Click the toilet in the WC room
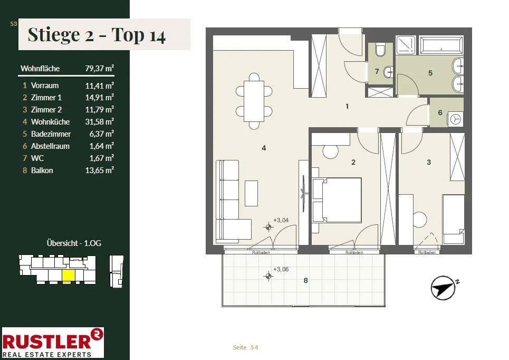coord(380,49)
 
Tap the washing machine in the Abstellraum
coord(455,119)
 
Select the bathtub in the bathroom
coord(441,45)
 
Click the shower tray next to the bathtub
coord(406,45)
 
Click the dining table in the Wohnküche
coord(254,101)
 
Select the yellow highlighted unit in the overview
coord(69,276)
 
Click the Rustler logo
coord(53,343)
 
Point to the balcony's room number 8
coord(305,280)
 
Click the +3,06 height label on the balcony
coord(281,269)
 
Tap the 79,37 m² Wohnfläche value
coord(99,68)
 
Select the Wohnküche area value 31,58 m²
coord(99,122)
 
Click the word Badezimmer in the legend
coord(51,134)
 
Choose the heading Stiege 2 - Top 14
coord(97,35)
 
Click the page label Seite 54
coord(245,347)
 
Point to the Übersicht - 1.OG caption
coord(74,243)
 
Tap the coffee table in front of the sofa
coord(251,193)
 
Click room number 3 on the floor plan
coord(429,162)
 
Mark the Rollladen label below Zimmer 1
coord(354,252)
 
